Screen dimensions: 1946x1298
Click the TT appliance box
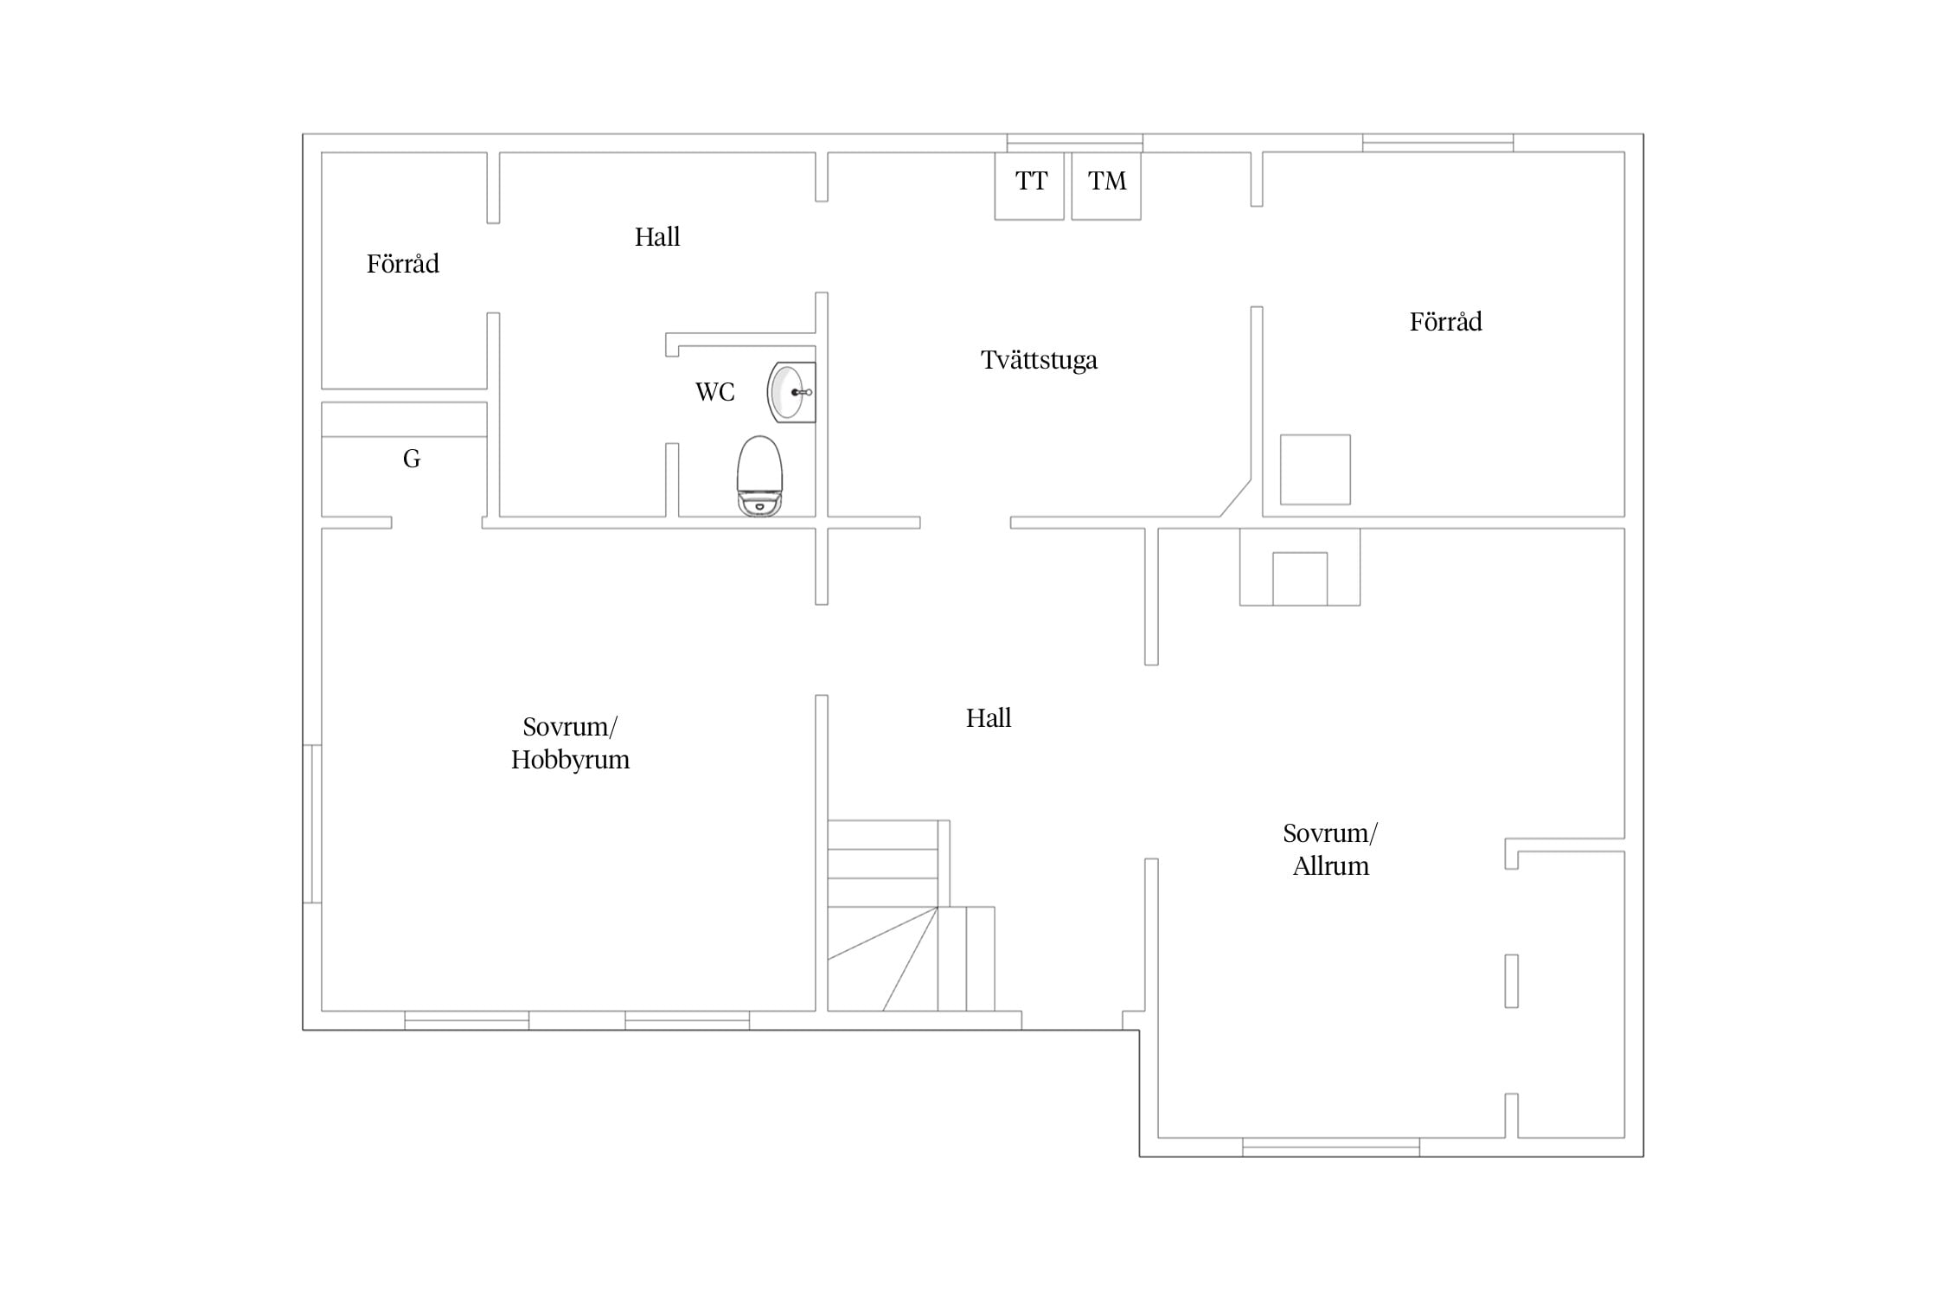point(1029,186)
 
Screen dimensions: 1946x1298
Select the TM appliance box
point(1106,186)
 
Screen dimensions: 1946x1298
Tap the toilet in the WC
point(759,476)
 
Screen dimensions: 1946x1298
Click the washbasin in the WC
point(791,392)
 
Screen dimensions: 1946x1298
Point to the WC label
point(715,392)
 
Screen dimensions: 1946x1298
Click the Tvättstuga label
point(1039,360)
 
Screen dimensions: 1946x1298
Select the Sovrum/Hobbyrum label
point(570,743)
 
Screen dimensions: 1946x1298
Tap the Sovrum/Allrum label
point(1330,850)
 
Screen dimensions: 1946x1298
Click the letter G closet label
point(412,459)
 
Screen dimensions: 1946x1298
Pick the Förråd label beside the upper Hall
point(403,263)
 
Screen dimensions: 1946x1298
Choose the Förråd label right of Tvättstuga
point(1446,321)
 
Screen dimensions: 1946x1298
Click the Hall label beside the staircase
point(989,717)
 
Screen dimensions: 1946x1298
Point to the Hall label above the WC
point(657,236)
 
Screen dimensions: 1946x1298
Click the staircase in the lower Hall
point(911,916)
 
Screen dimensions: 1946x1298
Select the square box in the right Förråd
point(1315,470)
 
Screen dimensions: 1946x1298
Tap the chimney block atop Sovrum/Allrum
point(1300,567)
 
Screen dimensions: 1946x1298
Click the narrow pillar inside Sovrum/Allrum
point(1512,980)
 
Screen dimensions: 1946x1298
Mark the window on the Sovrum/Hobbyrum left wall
point(312,824)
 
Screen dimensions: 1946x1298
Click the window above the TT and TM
point(1075,143)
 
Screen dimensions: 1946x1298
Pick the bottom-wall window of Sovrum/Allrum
point(1331,1147)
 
